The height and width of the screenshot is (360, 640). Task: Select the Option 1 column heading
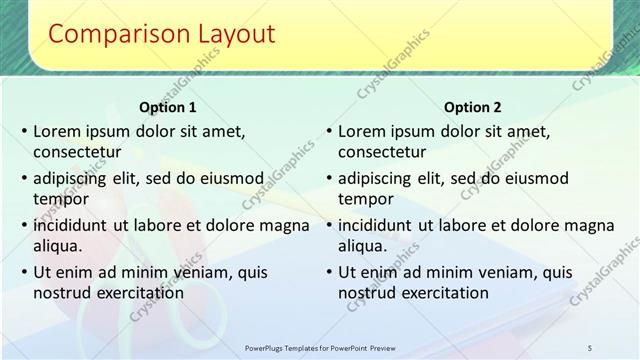coord(167,107)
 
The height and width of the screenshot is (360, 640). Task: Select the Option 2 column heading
coord(472,107)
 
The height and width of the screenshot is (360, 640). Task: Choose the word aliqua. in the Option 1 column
coord(58,245)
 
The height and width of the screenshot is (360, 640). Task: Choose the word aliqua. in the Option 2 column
coord(363,245)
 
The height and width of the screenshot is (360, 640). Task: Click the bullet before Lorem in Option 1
coord(24,131)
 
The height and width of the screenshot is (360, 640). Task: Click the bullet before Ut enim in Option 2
coord(329,272)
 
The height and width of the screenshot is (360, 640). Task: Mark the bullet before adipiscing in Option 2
coord(329,178)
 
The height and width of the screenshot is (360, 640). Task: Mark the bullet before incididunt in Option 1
coord(24,225)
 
